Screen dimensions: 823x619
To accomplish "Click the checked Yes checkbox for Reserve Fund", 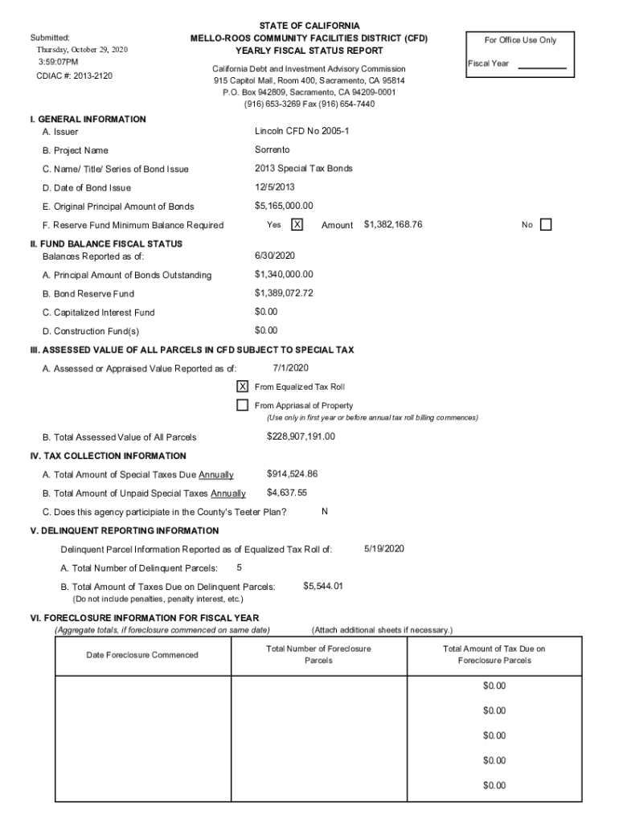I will point(297,225).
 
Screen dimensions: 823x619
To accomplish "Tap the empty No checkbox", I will point(547,225).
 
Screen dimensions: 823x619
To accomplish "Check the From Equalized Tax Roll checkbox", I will point(242,387).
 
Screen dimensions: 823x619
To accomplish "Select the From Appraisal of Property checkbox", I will point(242,405).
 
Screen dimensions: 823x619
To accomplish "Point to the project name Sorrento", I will point(272,150).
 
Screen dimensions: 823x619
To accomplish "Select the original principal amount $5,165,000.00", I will point(284,207).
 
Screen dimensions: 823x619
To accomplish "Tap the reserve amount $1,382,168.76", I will point(393,225).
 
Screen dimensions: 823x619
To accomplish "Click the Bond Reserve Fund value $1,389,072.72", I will point(284,293).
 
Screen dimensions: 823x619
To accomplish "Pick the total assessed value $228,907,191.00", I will point(301,437).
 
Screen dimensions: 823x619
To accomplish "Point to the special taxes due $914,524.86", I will point(292,474).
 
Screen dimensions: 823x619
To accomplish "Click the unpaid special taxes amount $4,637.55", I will point(287,493).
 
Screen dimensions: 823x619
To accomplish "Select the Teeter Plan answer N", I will point(324,512).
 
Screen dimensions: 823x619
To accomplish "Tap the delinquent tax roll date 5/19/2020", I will point(383,549).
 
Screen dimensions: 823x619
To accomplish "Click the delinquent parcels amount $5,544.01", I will point(323,587).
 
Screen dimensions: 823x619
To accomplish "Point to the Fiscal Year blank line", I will point(542,68).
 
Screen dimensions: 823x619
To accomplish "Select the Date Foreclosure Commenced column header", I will point(142,655).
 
